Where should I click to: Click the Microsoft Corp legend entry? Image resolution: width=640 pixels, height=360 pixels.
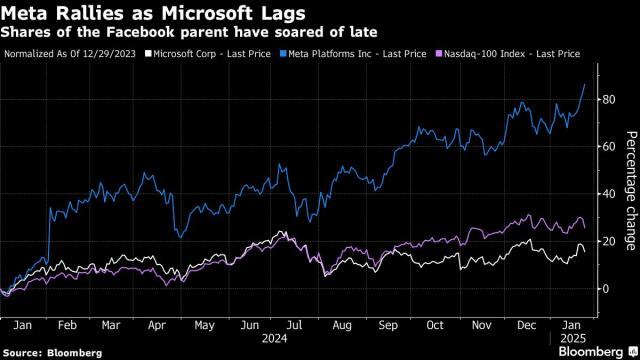point(207,52)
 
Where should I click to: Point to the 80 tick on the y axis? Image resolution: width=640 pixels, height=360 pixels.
point(606,99)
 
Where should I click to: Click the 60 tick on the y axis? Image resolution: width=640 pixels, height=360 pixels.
point(606,147)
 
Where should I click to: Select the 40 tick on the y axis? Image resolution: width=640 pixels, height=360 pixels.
point(606,194)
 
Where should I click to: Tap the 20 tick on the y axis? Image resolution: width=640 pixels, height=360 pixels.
point(606,241)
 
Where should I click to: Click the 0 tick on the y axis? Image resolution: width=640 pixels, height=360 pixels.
point(603,289)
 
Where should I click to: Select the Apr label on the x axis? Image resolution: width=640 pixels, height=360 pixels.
point(157,325)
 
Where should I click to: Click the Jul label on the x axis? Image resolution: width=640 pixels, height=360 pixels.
point(293,325)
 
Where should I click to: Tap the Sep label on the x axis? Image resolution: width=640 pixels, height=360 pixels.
point(387,325)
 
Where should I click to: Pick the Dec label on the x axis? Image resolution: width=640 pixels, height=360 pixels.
point(525,325)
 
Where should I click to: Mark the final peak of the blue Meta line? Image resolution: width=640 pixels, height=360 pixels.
point(585,85)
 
